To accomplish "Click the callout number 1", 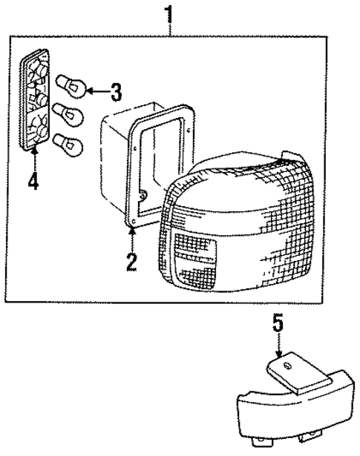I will tap(170, 13).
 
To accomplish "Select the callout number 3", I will tap(115, 93).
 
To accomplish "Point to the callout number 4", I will tap(33, 180).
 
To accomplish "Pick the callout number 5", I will tap(278, 323).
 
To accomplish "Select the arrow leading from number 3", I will tap(95, 92).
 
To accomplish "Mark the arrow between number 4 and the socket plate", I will tap(34, 157).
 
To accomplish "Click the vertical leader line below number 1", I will tap(170, 30).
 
